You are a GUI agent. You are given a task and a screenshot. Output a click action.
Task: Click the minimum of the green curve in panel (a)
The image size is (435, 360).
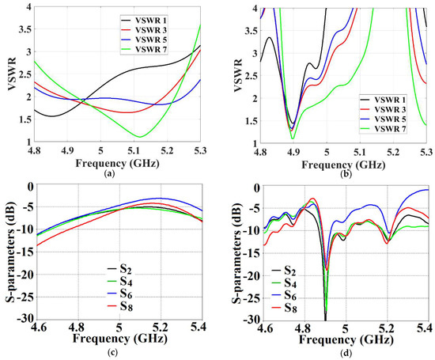tap(139, 137)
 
